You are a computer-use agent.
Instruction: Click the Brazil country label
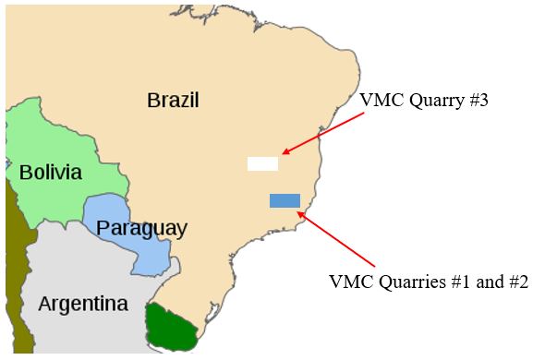point(173,100)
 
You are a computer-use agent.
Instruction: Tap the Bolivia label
point(50,173)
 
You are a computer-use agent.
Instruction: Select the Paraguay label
point(141,228)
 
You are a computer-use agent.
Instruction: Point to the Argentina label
point(83,304)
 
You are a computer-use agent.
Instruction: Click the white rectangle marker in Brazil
point(262,163)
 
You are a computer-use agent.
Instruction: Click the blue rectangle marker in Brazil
point(285,200)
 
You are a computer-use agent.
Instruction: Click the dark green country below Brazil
point(173,327)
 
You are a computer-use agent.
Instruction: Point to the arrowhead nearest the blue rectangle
point(301,215)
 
